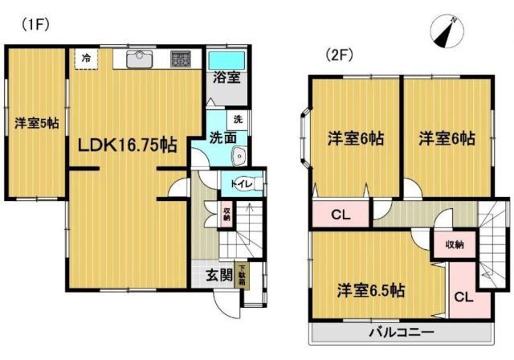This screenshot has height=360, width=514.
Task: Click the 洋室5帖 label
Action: pyautogui.click(x=37, y=123)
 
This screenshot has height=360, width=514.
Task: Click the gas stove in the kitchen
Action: pyautogui.click(x=179, y=58)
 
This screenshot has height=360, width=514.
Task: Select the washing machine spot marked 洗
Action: pyautogui.click(x=237, y=120)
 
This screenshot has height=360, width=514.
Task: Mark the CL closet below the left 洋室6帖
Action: pyautogui.click(x=339, y=215)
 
